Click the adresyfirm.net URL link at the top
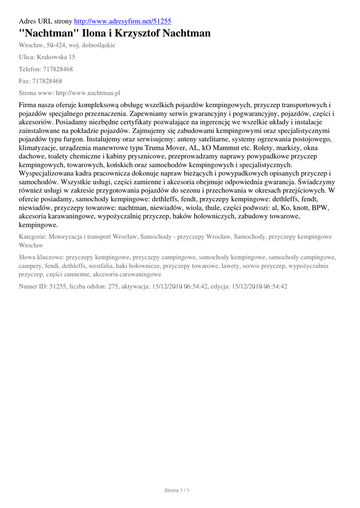[x=123, y=21]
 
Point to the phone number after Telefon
[x=59, y=69]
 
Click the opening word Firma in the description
[x=28, y=105]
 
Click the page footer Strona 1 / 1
[x=177, y=491]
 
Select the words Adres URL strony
[x=45, y=21]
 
